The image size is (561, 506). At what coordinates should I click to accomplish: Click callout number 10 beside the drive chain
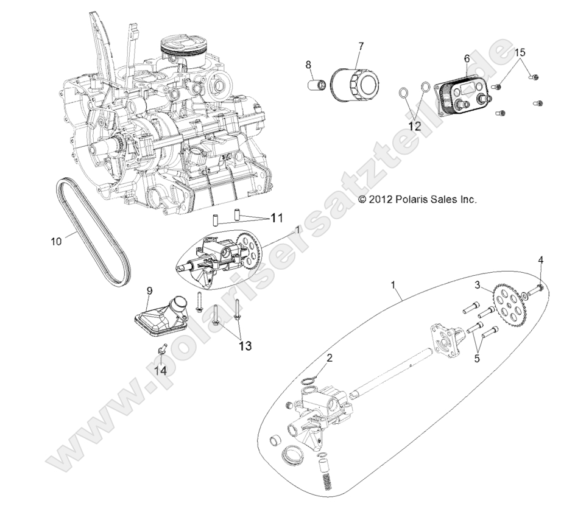pyautogui.click(x=57, y=241)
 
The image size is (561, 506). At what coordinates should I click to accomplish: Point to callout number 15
pyautogui.click(x=520, y=52)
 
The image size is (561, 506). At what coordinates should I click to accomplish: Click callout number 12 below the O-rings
pyautogui.click(x=415, y=126)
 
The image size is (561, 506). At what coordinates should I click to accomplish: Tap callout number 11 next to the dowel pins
pyautogui.click(x=278, y=217)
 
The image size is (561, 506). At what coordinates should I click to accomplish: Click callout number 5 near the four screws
pyautogui.click(x=477, y=359)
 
